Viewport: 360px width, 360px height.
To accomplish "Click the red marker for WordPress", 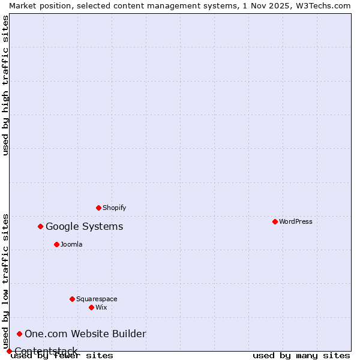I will (275, 221).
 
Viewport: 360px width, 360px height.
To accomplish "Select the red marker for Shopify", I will (98, 208).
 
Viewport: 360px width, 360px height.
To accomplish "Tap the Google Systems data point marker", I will (41, 226).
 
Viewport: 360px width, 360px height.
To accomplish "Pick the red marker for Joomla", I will (56, 244).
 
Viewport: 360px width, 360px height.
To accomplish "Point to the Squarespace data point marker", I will (72, 299).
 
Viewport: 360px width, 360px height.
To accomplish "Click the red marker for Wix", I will (91, 307).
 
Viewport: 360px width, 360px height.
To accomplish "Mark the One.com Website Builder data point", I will (20, 334).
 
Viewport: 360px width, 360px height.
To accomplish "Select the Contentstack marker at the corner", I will (9, 351).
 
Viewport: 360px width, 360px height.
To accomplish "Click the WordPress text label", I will (296, 221).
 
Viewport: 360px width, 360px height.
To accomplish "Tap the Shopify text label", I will (114, 208).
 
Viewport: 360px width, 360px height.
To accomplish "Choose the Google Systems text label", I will (85, 226).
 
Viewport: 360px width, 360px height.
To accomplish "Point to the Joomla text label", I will (71, 244).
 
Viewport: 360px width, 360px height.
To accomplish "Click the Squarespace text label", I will (97, 299).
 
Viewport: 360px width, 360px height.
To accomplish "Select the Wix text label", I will (101, 307).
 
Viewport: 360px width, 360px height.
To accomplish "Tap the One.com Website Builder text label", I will (85, 334).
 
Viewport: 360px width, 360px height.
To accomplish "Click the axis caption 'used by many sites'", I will (301, 355).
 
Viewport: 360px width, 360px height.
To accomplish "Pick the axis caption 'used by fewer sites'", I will (62, 355).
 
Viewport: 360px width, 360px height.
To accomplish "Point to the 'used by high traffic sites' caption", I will (5, 85).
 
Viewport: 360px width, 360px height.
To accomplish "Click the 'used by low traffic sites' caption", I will (5, 281).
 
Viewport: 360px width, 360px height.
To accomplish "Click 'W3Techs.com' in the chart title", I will (327, 5).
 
